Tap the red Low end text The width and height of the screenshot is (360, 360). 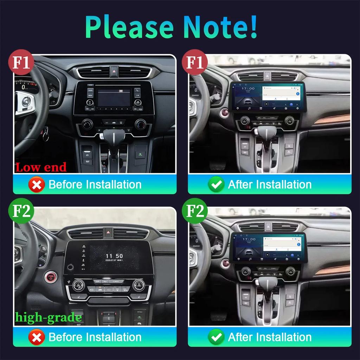click(x=41, y=167)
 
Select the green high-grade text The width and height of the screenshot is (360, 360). click(x=49, y=317)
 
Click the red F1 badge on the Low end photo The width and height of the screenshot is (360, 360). click(x=21, y=62)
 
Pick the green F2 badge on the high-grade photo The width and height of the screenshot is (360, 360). click(x=21, y=212)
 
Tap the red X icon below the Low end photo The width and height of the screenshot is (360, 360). click(x=36, y=185)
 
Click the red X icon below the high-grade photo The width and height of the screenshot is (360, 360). click(x=36, y=337)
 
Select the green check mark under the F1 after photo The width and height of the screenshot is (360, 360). click(x=216, y=185)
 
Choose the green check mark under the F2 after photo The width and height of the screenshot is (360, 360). click(x=216, y=337)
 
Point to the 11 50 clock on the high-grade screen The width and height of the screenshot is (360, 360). click(x=114, y=256)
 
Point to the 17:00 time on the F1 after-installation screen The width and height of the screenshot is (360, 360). click(x=248, y=89)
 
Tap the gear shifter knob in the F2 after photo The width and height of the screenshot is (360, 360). click(x=268, y=283)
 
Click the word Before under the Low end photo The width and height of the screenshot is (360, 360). click(x=66, y=185)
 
